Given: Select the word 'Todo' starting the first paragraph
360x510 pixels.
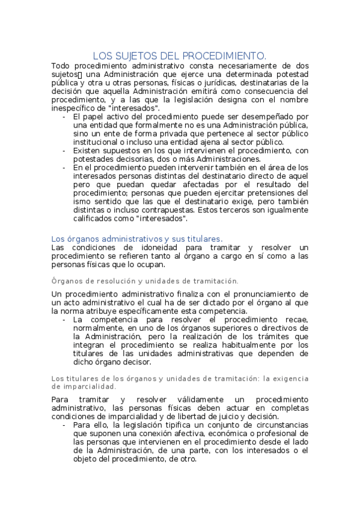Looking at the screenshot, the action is point(61,65).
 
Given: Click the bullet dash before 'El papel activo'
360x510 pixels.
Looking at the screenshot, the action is point(64,116).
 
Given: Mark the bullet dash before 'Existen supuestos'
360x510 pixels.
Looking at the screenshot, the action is point(64,150).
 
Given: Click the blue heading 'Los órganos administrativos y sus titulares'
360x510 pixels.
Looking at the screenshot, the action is point(137,239).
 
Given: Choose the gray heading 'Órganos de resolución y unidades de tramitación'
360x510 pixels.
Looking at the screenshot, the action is point(145,281).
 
